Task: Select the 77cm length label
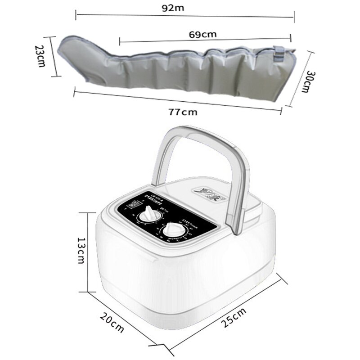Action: [183, 112]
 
